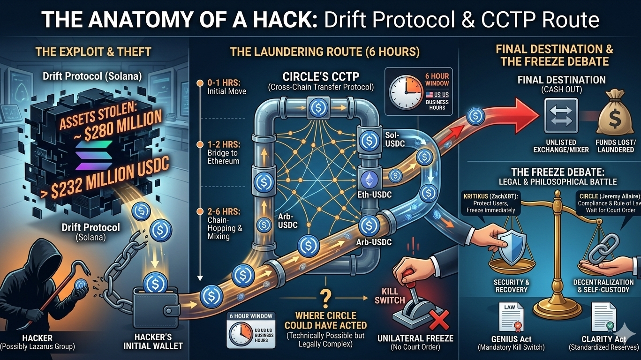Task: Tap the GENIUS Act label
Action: [512, 339]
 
